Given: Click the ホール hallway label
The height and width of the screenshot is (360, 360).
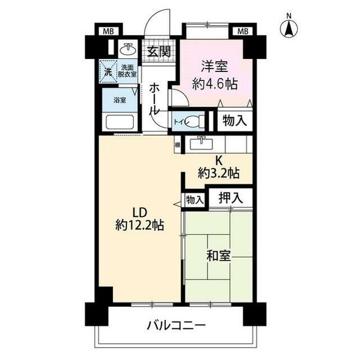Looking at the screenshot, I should pos(155,99).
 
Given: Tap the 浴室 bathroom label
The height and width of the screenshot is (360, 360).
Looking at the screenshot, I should pos(120,101).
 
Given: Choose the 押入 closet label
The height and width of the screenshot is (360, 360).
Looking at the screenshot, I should pos(231,197).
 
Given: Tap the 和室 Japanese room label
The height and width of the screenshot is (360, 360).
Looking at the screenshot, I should pos(218,256).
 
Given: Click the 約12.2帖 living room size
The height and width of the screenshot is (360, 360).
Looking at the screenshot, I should pos(139,225).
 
